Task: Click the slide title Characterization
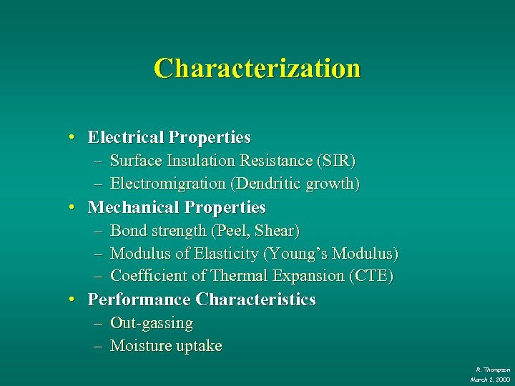pyautogui.click(x=257, y=69)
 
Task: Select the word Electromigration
pyautogui.click(x=167, y=184)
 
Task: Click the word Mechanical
pyautogui.click(x=133, y=207)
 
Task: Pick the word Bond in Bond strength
pyautogui.click(x=127, y=231)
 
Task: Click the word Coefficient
pyautogui.click(x=147, y=276)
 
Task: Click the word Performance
pyautogui.click(x=139, y=300)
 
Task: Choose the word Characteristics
pyautogui.click(x=256, y=300)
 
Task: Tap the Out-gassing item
pyautogui.click(x=152, y=323)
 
